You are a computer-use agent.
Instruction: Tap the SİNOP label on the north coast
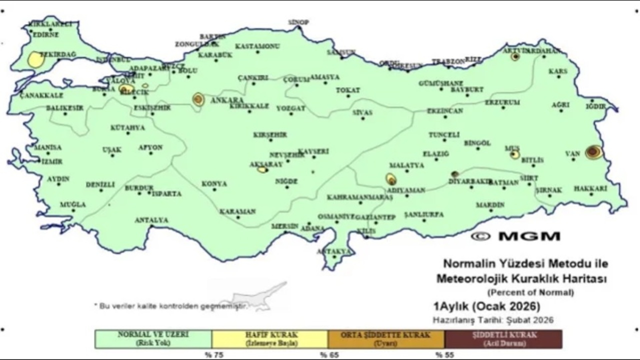point(298,22)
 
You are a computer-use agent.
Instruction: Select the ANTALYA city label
point(151,220)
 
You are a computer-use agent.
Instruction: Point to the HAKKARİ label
point(590,188)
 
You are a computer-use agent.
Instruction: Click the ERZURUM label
point(502,102)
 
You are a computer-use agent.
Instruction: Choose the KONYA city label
point(214,184)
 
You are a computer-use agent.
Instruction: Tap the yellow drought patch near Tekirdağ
point(36,60)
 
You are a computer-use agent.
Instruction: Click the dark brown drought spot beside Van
point(593,152)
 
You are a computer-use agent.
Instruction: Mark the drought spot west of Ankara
point(198,99)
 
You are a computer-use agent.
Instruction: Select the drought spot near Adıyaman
point(391,179)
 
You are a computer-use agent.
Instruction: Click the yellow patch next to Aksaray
point(262,169)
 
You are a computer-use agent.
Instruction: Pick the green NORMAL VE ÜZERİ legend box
point(153,339)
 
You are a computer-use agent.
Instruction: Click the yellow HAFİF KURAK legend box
point(270,339)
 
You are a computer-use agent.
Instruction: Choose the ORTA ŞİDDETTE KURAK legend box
point(386,339)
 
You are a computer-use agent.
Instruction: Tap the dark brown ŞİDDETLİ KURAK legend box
point(503,339)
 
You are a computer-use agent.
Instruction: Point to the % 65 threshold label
point(327,355)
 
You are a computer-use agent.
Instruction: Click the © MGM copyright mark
point(515,236)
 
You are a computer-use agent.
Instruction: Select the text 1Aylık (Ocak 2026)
point(486,306)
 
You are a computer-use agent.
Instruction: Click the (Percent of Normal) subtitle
point(530,292)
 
